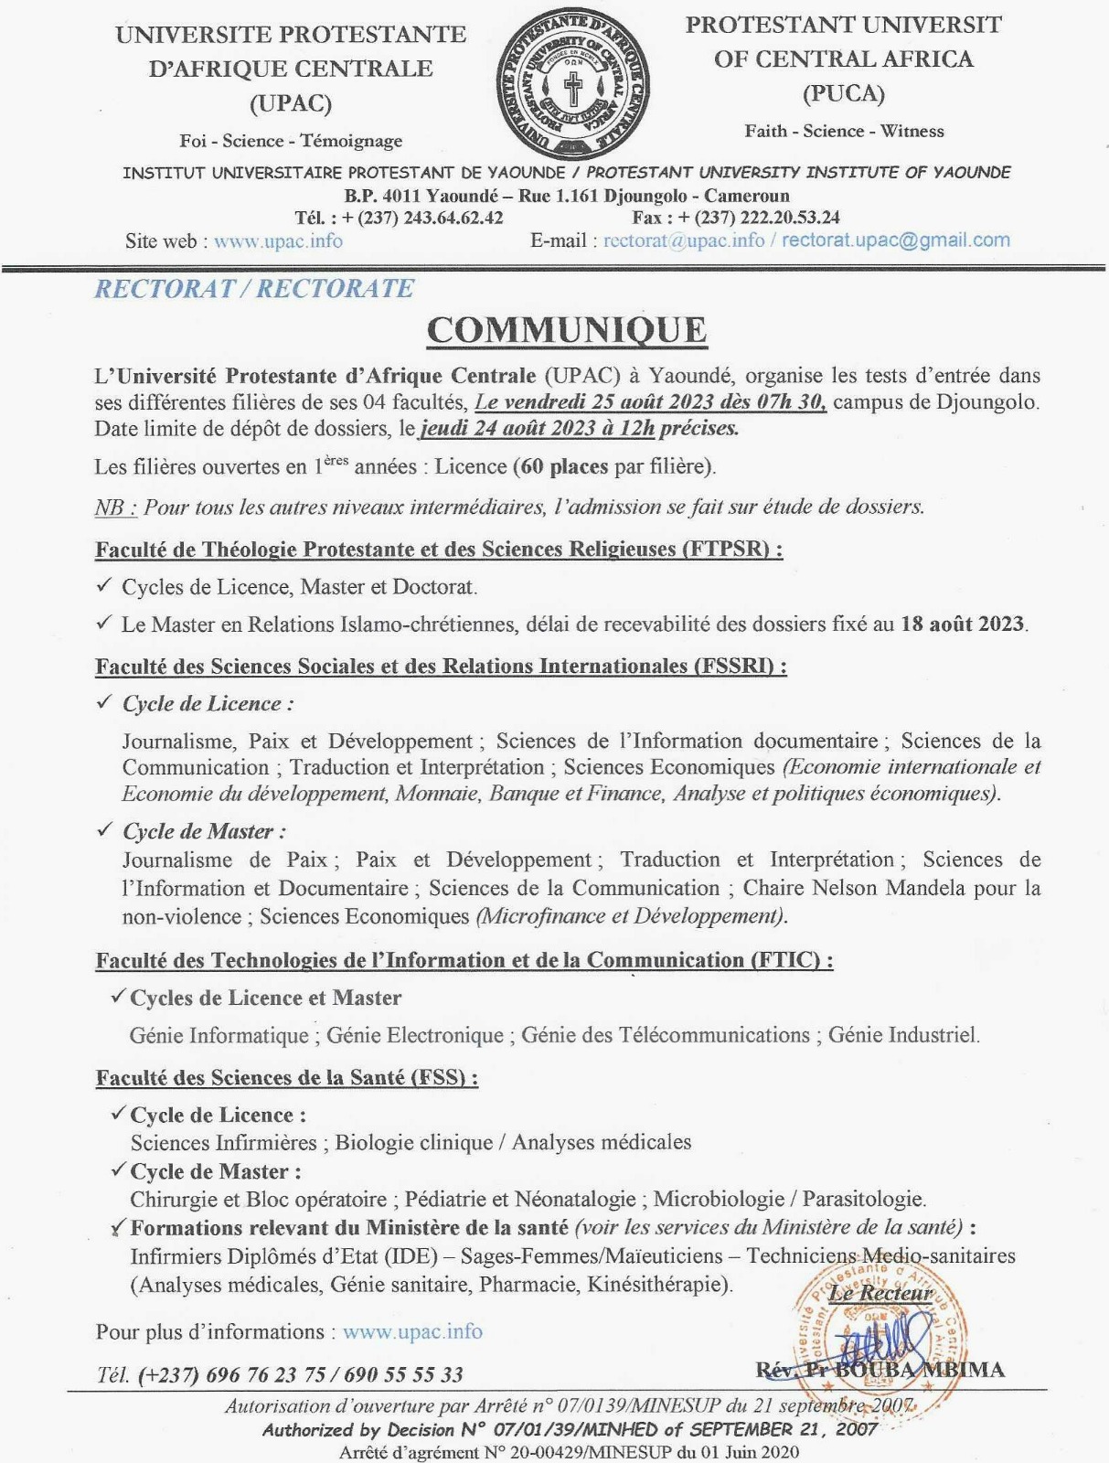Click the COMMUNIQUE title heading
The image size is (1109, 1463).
(x=567, y=330)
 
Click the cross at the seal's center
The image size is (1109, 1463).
(x=573, y=89)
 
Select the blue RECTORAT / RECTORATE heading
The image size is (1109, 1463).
(x=254, y=288)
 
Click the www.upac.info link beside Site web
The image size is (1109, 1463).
(x=278, y=240)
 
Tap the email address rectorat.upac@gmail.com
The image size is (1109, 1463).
(x=896, y=240)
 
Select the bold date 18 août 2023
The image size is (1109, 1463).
(x=962, y=624)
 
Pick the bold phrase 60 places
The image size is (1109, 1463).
(x=562, y=466)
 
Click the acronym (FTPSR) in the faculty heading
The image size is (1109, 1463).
(x=731, y=549)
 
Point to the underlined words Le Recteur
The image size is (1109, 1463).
(x=880, y=1293)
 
